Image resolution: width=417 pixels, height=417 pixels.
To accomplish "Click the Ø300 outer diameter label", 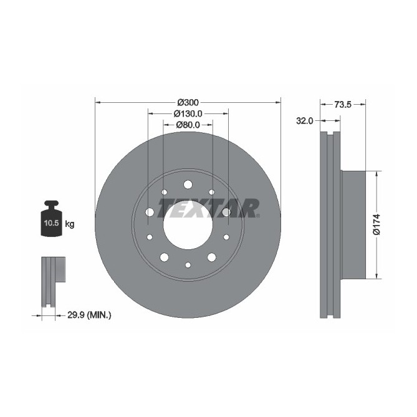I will [188, 102].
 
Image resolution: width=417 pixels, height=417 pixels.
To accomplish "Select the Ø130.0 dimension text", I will [188, 113].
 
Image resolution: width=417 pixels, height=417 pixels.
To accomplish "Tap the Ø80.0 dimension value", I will [188, 125].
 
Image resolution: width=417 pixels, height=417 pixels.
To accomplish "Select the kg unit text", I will [69, 224].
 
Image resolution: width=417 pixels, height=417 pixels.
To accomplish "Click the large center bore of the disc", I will [188, 224].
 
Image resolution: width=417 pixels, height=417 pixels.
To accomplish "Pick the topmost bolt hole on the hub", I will [188, 184].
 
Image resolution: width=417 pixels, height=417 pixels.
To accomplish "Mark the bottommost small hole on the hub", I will [188, 266].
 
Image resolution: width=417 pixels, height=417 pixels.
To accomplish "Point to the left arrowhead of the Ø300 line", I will [97, 102].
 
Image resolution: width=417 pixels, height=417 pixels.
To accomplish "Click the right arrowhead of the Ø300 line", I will [278, 102].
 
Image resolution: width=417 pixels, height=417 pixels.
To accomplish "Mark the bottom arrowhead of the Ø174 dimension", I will [376, 276].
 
